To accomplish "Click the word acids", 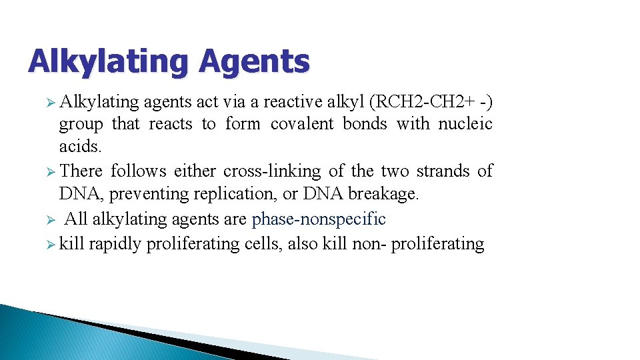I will [79, 145].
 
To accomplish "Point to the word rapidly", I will [115, 244].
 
